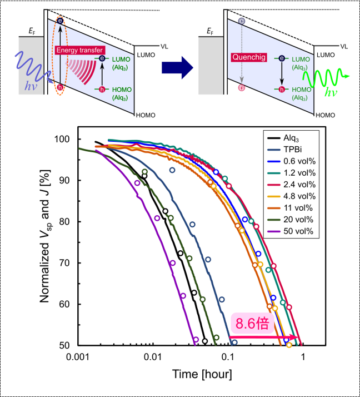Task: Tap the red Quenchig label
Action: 248,57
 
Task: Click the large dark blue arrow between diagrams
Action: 177,67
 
